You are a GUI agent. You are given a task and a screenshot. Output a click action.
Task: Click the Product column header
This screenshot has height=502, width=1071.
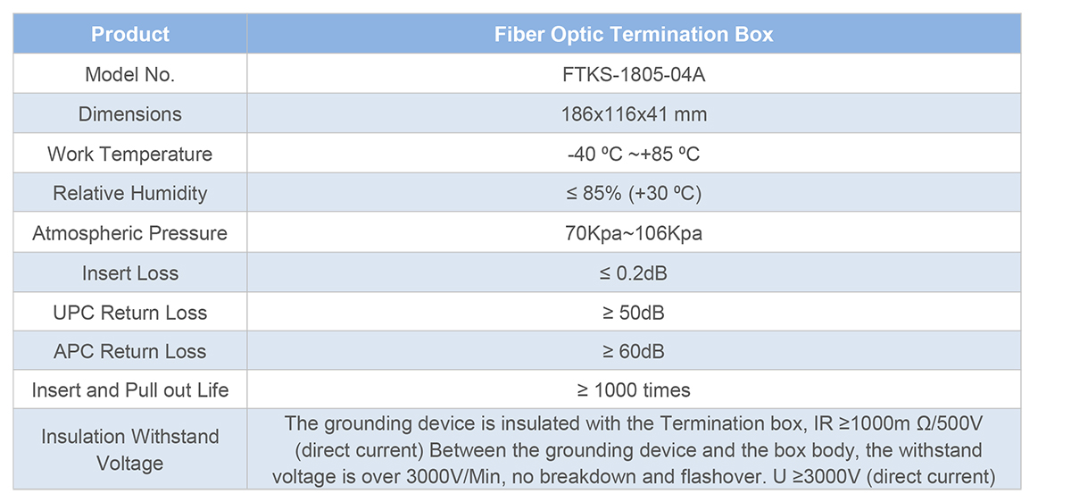click(130, 35)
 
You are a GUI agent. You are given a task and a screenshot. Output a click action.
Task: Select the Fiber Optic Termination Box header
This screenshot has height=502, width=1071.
click(634, 35)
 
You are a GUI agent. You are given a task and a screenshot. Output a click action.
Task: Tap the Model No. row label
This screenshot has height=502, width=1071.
click(130, 75)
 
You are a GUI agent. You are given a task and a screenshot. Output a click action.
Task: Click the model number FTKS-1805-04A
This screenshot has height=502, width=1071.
click(634, 75)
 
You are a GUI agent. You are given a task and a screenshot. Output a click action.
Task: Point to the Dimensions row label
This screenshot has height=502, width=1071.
click(130, 114)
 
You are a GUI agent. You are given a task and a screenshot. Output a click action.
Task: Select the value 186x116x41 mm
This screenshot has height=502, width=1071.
click(634, 114)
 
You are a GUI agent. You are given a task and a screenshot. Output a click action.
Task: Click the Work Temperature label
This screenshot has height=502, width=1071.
click(130, 155)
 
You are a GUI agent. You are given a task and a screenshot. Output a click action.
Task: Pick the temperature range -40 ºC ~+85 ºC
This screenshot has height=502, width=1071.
click(634, 155)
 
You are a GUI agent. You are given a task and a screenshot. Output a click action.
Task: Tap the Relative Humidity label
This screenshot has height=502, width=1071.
click(130, 193)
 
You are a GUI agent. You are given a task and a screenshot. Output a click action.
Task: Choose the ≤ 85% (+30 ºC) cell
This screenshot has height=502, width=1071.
click(634, 193)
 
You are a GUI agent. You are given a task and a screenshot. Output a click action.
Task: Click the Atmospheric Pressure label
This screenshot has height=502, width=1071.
click(130, 233)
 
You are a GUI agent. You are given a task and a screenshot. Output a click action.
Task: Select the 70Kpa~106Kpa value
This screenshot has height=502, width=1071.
click(634, 233)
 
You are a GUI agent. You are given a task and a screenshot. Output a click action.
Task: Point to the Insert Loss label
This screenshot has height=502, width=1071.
click(130, 273)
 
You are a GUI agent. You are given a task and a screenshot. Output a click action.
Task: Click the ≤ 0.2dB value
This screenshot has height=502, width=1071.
click(634, 273)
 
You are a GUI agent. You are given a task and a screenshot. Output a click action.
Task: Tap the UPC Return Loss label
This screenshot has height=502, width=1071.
click(130, 313)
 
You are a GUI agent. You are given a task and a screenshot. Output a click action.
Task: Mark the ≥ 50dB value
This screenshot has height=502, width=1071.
click(634, 313)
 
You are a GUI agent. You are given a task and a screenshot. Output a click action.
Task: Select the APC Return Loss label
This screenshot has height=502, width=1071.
click(130, 351)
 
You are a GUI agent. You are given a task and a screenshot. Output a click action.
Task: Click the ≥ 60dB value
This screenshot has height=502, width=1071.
click(634, 351)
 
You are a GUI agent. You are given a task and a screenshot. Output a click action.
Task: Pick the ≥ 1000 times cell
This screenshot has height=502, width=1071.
click(634, 390)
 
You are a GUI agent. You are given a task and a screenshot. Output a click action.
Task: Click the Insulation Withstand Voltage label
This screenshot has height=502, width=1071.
click(130, 450)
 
